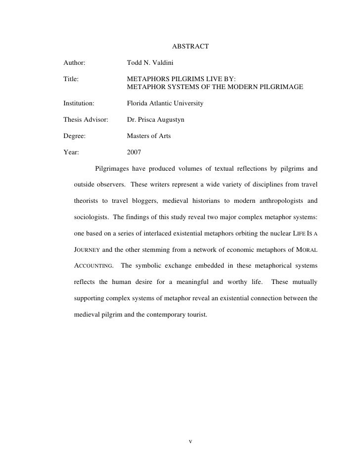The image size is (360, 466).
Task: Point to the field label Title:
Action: (x=71, y=79)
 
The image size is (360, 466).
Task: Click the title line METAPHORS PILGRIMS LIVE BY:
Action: (x=181, y=79)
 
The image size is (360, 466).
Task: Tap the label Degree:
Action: (x=75, y=136)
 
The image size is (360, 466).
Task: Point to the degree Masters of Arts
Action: (x=149, y=136)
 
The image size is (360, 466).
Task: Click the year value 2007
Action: (x=134, y=152)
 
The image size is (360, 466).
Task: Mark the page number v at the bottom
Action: (x=190, y=441)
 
